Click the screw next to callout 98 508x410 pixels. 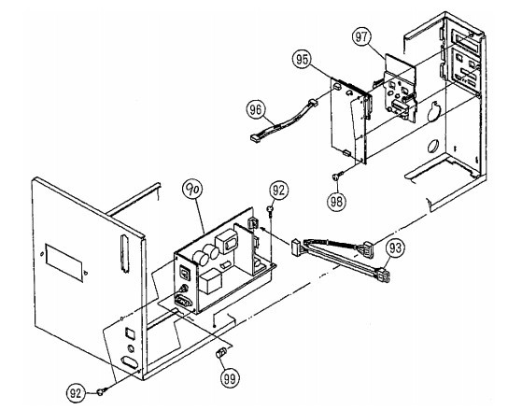(x=333, y=176)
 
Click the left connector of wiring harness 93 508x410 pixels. (x=297, y=247)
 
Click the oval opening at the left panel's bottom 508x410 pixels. (x=129, y=361)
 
